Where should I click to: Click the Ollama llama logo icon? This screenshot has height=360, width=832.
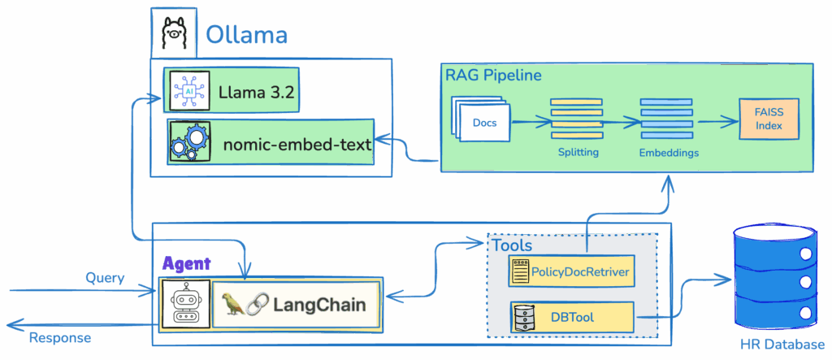(x=174, y=34)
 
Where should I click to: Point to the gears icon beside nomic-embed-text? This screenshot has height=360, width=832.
(x=189, y=142)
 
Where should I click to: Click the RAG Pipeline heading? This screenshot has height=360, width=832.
(x=493, y=76)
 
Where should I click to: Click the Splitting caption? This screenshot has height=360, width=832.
(x=578, y=152)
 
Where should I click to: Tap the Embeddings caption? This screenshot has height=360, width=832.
(x=668, y=152)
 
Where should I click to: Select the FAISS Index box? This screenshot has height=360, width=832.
(x=768, y=118)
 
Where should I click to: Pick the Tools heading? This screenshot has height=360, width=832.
(x=512, y=245)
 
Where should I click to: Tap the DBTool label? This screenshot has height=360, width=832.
(x=572, y=316)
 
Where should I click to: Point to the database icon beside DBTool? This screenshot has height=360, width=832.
(x=522, y=317)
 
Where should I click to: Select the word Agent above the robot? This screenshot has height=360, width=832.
(x=186, y=263)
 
